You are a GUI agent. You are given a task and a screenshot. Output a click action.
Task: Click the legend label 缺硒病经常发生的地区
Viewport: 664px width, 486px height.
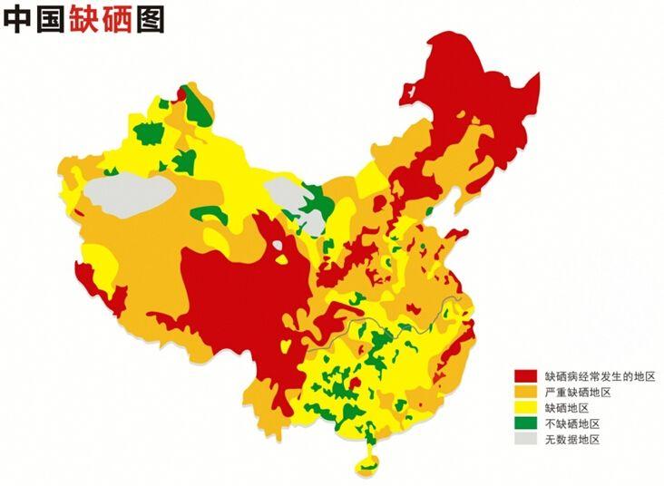point(599,374)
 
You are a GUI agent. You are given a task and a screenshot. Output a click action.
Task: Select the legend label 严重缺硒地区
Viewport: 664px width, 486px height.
point(578,391)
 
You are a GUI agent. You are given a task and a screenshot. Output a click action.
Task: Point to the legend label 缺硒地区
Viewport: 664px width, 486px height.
point(567,407)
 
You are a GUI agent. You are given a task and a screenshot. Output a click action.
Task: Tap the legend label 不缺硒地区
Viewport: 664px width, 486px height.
point(572,423)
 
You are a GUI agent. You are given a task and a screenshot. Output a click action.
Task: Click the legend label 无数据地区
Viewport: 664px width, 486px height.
point(572,440)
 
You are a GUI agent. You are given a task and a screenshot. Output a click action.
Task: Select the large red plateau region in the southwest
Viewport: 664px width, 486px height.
point(236,290)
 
